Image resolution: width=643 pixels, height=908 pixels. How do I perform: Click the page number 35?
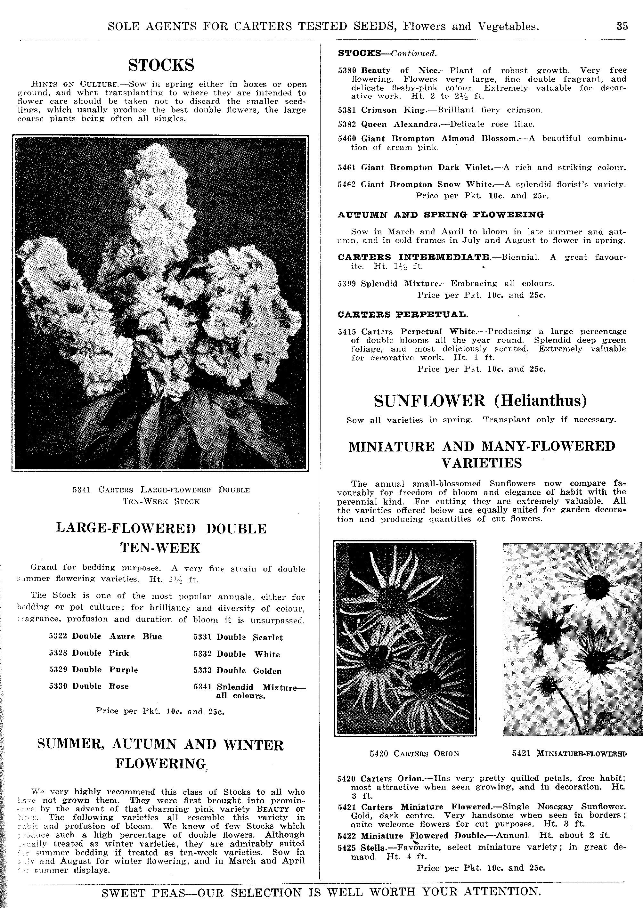tap(622, 26)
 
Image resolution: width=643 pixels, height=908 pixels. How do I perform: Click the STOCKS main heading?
tap(161, 65)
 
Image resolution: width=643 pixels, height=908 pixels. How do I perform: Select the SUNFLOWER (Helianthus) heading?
tap(480, 401)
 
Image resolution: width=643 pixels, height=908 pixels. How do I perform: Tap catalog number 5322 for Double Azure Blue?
tap(58, 636)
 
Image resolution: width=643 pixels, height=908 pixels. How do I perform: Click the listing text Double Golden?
tap(249, 671)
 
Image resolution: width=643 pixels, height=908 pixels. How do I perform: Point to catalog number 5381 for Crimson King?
tap(346, 110)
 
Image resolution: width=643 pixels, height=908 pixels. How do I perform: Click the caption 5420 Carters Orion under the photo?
tap(415, 754)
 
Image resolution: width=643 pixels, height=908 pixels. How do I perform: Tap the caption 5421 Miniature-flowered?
tap(569, 754)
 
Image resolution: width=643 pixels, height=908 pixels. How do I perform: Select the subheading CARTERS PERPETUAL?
tap(403, 315)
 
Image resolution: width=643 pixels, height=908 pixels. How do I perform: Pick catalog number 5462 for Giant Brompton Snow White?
tap(346, 184)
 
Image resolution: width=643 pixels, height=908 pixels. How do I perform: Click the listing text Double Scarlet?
tap(249, 637)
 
